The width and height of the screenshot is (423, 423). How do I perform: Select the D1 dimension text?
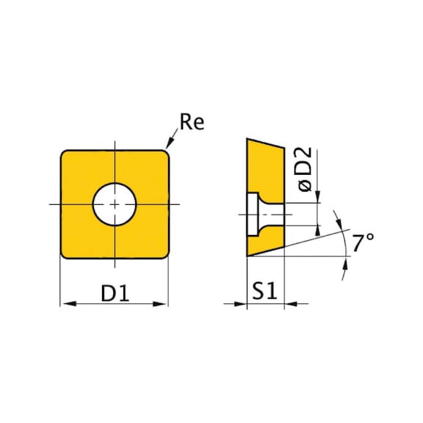115,294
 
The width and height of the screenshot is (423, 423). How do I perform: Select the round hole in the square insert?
115,203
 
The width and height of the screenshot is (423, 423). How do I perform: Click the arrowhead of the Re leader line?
170,148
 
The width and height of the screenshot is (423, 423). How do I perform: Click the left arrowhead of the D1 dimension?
64,303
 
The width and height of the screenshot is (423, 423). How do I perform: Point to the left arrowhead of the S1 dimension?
242,303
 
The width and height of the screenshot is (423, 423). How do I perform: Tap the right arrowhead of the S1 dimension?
288,303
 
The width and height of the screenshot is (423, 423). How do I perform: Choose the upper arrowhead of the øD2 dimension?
318,197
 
